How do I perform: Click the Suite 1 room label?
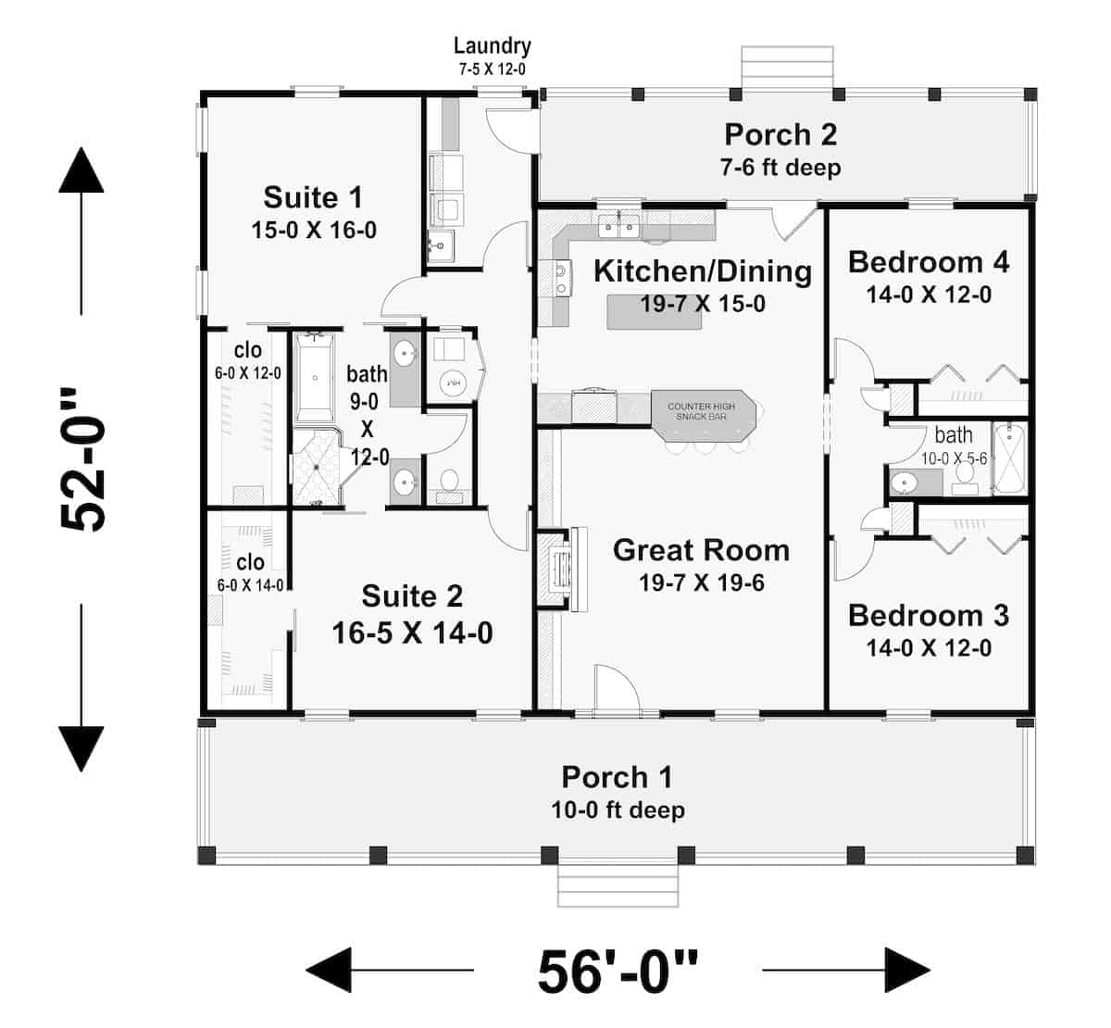point(313,197)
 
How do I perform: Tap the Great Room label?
point(701,550)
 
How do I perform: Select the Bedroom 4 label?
point(928,262)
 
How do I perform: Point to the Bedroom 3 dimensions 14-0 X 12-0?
point(928,647)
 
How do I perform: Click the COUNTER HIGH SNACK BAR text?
point(701,411)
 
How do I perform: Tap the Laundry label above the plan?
point(492,45)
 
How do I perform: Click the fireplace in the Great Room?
point(562,568)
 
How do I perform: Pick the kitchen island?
point(654,312)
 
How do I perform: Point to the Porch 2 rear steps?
point(787,67)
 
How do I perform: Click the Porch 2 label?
point(780,134)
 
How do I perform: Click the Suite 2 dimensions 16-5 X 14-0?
point(412,633)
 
